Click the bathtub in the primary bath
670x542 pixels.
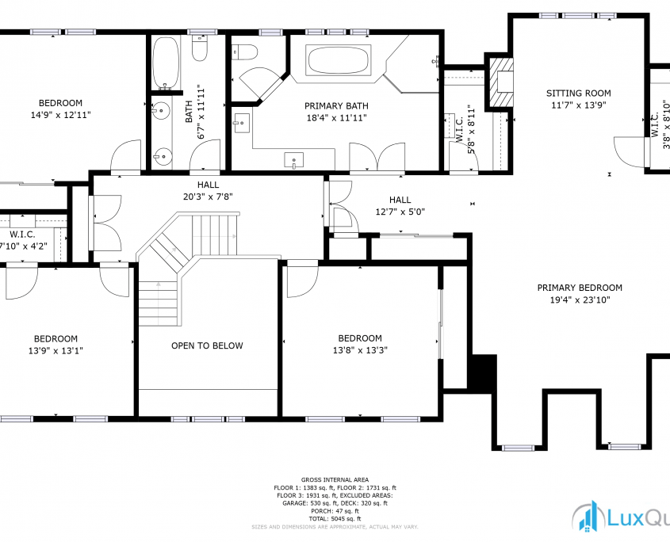point(339,61)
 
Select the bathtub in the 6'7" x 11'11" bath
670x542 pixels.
point(166,63)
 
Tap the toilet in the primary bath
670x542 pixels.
point(245,52)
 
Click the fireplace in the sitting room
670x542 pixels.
point(500,83)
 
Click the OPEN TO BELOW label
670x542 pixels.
point(207,345)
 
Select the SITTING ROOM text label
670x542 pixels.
point(578,94)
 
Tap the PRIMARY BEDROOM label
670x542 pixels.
point(579,288)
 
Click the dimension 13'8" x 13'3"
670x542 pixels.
point(360,349)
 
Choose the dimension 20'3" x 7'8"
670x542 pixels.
point(209,196)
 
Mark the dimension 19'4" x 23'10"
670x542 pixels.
point(579,300)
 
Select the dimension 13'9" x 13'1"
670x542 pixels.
point(55,350)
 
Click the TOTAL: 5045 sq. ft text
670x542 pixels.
point(334,518)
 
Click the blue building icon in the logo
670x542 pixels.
point(588,517)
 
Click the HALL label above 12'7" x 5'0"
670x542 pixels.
point(400,200)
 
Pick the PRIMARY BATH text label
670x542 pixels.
point(336,106)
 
